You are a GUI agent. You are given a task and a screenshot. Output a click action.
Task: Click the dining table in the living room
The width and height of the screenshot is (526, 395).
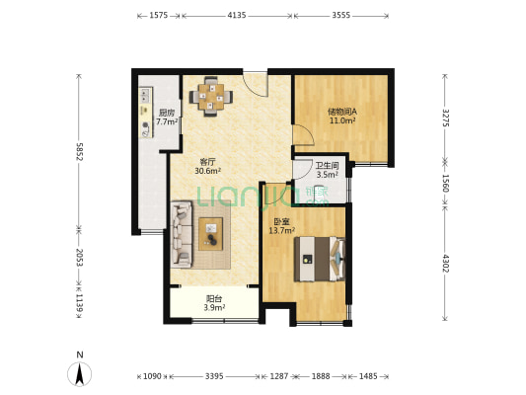[210, 97]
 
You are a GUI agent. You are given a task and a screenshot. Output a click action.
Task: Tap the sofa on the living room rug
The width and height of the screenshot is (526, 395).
[182, 235]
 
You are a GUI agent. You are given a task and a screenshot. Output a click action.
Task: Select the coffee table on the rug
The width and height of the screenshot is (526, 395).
[210, 234]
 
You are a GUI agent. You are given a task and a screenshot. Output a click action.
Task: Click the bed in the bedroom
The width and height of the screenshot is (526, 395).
[320, 259]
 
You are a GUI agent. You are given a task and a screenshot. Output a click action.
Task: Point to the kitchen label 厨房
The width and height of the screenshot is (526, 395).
[167, 113]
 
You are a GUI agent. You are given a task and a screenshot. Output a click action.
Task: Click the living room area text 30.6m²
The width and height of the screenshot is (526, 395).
[207, 171]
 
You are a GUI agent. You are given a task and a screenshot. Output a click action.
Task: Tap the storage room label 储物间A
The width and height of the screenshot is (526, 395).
[342, 112]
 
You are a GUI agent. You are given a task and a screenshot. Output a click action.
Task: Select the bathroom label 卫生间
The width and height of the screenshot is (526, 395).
[327, 166]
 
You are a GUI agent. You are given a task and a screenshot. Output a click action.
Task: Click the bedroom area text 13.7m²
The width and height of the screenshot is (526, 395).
[282, 230]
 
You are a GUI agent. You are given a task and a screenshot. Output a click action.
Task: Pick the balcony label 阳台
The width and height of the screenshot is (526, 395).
[214, 298]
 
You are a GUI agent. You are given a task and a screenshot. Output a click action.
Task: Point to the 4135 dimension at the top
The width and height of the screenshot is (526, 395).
[237, 15]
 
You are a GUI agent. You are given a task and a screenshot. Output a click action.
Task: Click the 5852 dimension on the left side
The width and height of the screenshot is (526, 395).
[79, 152]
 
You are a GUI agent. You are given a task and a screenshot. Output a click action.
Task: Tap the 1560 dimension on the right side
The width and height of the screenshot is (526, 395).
[445, 183]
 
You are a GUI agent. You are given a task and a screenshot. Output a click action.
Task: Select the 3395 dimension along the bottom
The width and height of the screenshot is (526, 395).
[214, 376]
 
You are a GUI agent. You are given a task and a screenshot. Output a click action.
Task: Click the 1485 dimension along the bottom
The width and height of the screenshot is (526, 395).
[368, 376]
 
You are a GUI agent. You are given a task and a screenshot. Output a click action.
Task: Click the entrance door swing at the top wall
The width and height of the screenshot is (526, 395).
[255, 84]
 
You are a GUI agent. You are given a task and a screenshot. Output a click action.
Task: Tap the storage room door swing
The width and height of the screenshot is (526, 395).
[303, 134]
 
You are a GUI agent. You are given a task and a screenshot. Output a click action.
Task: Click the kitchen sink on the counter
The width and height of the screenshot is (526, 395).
[146, 94]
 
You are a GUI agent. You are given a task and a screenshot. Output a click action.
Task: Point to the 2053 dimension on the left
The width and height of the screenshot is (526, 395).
[79, 258]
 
